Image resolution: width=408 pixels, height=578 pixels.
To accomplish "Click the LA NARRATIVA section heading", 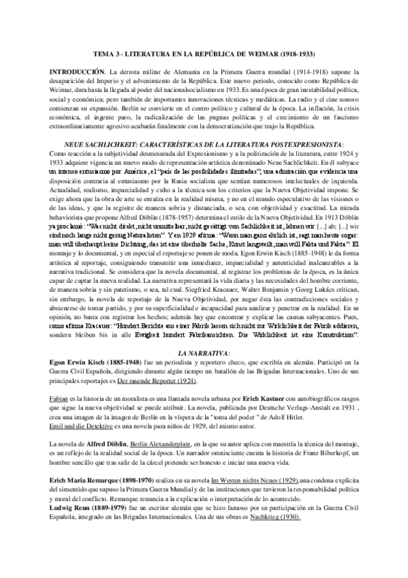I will click(204, 354).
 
